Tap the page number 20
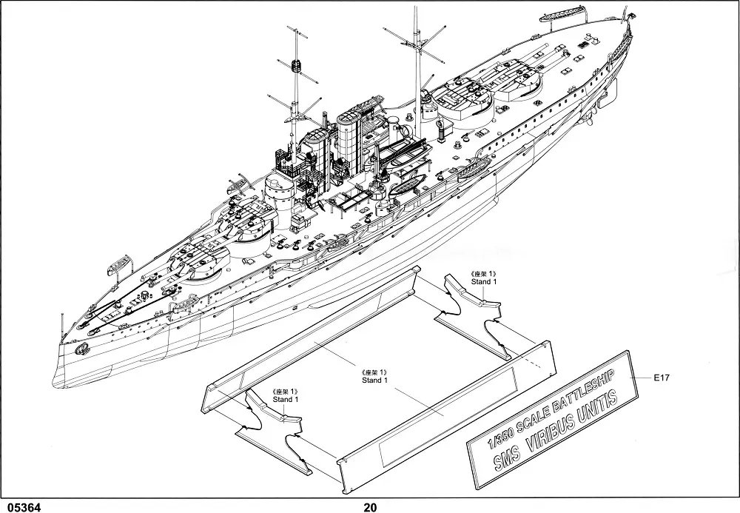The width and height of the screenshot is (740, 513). coord(370,506)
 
